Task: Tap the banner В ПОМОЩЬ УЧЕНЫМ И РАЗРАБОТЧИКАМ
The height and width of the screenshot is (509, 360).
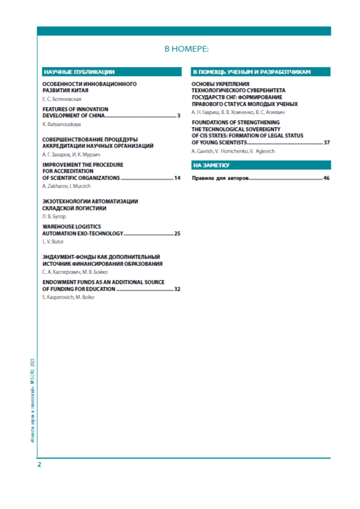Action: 252,72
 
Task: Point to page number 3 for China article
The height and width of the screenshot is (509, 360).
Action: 179,116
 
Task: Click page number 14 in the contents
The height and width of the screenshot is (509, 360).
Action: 177,179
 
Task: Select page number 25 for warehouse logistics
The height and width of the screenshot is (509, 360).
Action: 177,234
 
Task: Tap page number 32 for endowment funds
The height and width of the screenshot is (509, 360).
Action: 177,289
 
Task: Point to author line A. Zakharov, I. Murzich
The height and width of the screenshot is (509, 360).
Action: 67,187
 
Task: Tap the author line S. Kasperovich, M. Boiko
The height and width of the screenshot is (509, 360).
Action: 68,298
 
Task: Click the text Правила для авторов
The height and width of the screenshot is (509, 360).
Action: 220,179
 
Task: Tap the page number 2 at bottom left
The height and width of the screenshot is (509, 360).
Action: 39,464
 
